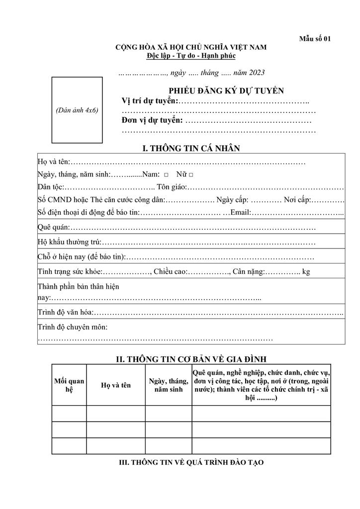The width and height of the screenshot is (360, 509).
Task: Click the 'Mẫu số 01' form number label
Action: [x=314, y=39]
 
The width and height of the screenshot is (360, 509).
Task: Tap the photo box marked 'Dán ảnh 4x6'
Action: [x=77, y=110]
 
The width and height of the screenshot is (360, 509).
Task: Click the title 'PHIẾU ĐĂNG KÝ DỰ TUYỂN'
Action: [x=226, y=90]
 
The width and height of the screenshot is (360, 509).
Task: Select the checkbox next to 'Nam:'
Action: [x=166, y=175]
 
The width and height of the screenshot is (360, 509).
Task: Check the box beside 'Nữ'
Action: [x=191, y=175]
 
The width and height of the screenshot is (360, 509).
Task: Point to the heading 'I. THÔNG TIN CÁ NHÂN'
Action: [x=191, y=148]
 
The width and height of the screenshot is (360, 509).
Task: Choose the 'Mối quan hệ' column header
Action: [x=69, y=385]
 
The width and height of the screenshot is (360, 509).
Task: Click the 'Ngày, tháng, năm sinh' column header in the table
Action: [x=169, y=385]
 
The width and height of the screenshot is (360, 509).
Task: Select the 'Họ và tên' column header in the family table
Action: [x=116, y=385]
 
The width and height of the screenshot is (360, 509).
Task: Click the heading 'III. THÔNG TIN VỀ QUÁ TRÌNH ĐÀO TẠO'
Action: [x=191, y=462]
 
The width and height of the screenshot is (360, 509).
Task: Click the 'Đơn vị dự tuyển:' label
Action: [x=152, y=120]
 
